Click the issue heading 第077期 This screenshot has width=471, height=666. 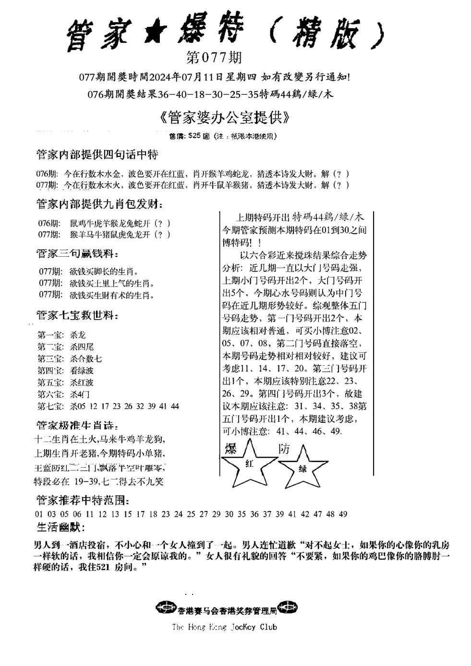click(213, 59)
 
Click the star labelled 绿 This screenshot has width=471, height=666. click(303, 468)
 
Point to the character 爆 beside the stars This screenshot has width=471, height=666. click(231, 449)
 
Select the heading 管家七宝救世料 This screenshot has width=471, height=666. click(77, 316)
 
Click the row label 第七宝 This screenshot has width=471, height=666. click(50, 406)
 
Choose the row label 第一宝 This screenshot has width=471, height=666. click(50, 335)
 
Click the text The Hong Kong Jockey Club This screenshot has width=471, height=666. click(224, 627)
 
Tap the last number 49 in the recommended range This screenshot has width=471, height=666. click(343, 514)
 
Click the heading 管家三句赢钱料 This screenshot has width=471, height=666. click(77, 253)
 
